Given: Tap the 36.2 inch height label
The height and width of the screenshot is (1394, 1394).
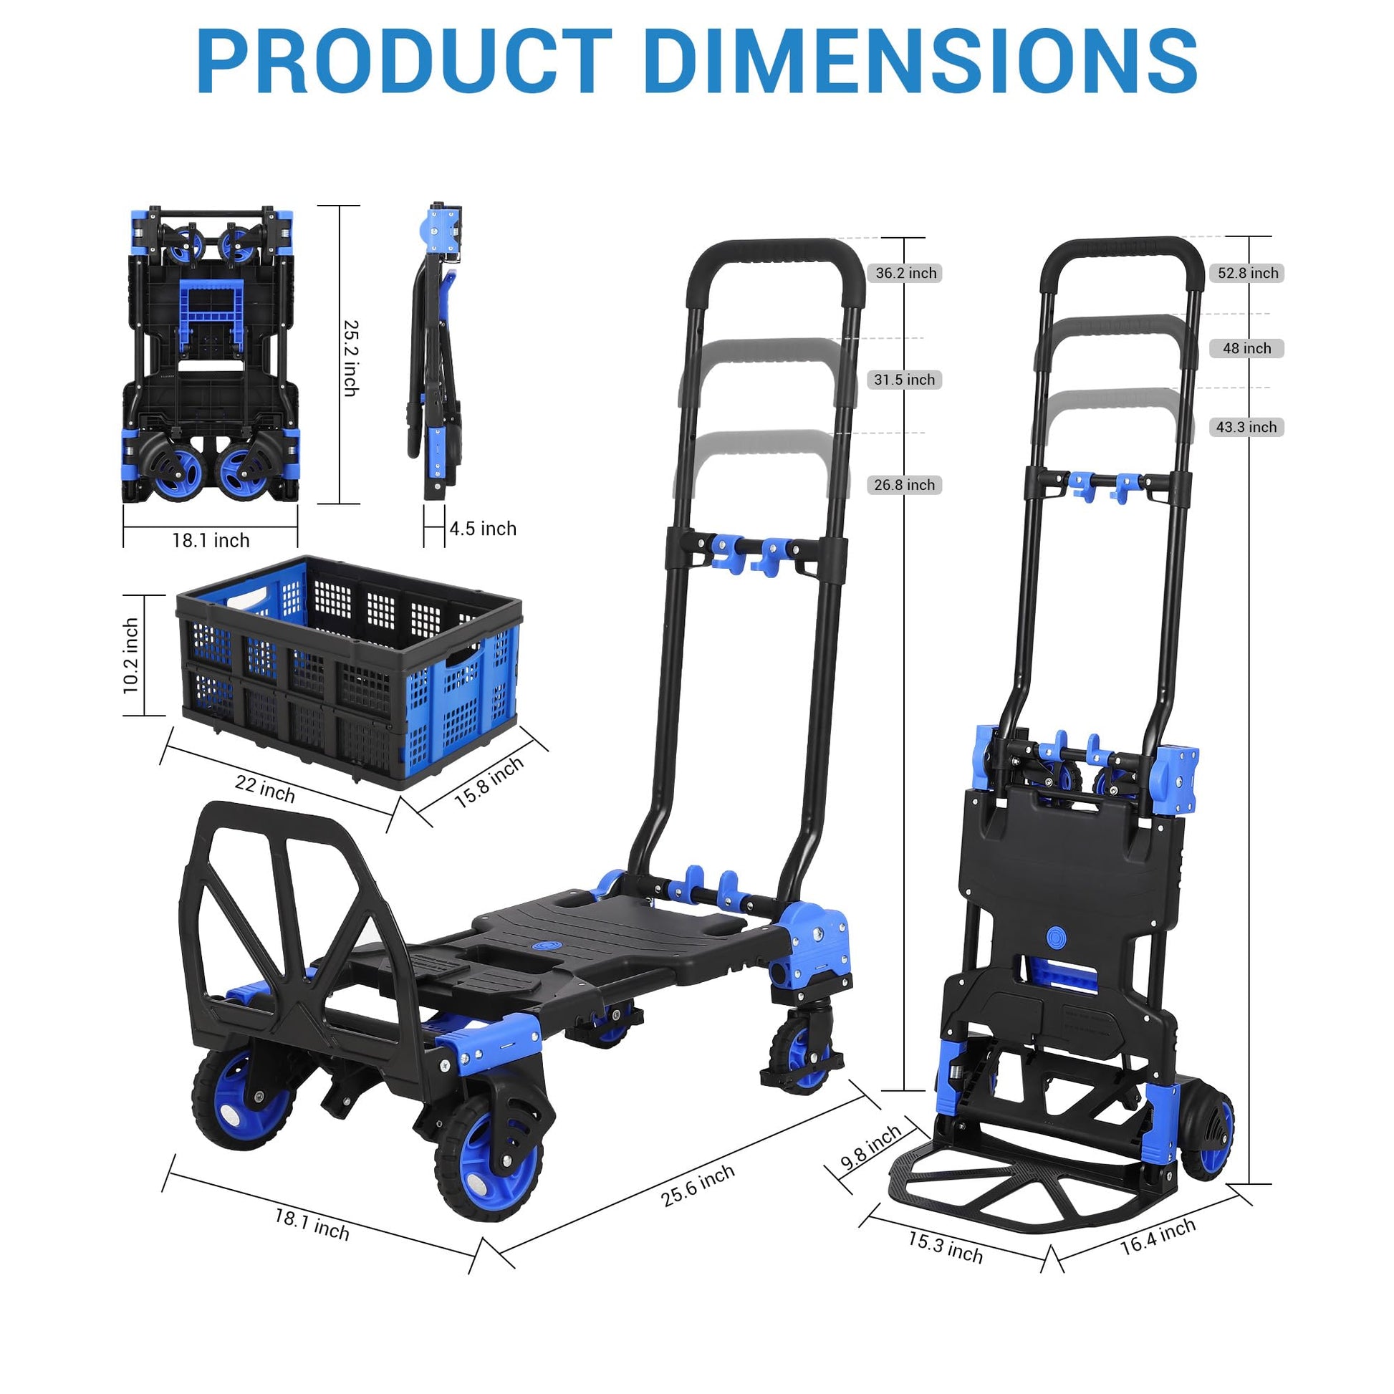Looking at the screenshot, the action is [905, 273].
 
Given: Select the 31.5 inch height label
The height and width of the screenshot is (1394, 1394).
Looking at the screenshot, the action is [904, 380].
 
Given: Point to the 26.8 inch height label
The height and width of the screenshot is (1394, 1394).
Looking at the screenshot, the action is [904, 485].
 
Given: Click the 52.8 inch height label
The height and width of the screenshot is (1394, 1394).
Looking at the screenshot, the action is [1248, 273].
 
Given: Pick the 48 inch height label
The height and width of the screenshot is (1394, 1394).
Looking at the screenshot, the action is [1247, 347].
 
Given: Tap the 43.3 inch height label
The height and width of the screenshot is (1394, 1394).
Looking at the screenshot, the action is [1246, 427].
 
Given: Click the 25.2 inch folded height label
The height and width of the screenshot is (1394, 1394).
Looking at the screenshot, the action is [351, 358].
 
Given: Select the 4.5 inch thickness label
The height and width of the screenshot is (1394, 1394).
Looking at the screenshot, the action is [483, 529].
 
